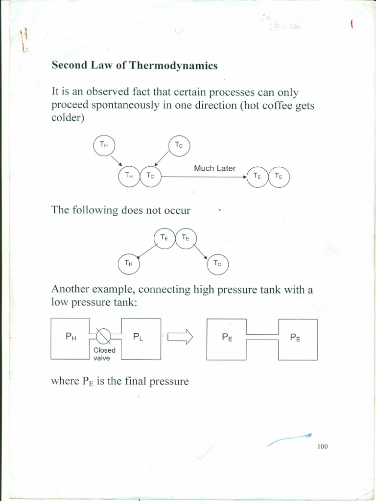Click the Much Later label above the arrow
214,168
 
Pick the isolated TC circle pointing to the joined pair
179,145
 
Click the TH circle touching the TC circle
129,177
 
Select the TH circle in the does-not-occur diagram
129,264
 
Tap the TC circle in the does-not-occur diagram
218,264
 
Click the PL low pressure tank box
141,338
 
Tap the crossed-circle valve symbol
104,337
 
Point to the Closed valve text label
104,354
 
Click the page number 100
322,446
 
